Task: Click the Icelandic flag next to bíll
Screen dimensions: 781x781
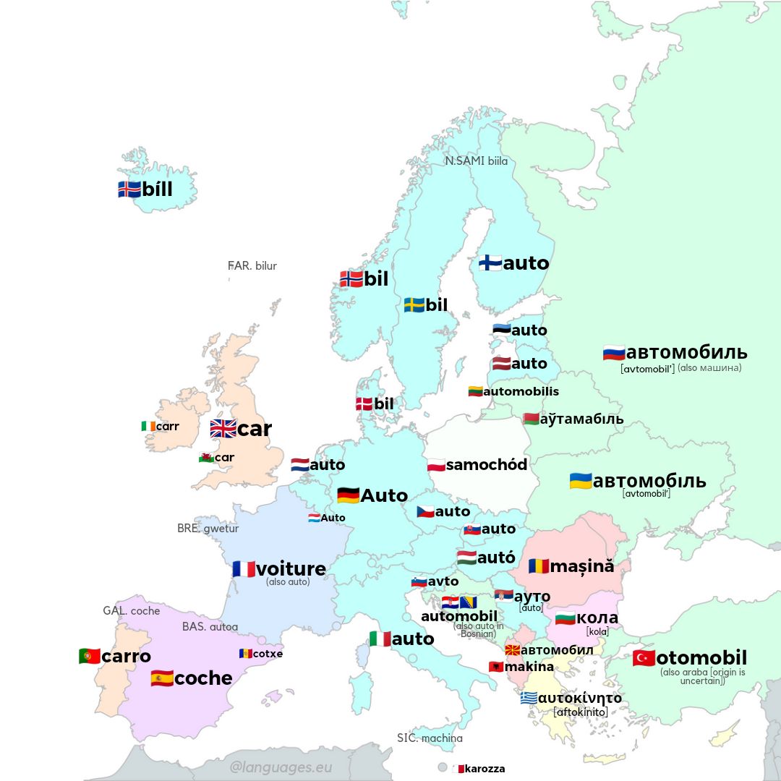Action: coord(129,189)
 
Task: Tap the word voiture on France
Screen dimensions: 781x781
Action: coord(291,569)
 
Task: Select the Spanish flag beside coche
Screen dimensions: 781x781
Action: coord(162,678)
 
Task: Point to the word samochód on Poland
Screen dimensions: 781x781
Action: coord(487,464)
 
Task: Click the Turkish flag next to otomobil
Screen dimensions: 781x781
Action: coord(644,658)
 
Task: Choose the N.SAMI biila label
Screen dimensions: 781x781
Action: coord(477,161)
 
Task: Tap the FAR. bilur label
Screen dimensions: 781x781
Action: coord(252,265)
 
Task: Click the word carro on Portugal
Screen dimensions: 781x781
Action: coord(126,656)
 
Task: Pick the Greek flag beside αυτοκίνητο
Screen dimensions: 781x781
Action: coord(529,698)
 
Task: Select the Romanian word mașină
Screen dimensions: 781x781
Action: coord(581,566)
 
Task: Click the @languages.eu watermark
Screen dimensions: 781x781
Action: coord(281,767)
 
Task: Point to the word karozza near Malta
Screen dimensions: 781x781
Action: coord(485,769)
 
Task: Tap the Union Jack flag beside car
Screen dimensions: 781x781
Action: coord(223,429)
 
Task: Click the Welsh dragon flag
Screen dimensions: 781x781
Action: coord(206,457)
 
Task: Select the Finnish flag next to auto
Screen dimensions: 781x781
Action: coord(490,263)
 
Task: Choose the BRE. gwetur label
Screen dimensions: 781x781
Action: coord(208,528)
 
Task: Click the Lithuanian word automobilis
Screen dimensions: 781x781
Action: coord(521,391)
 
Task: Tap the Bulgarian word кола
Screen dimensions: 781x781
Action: coord(597,618)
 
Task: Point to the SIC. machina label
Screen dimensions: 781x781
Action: coord(430,738)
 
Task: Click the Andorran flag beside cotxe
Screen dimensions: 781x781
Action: coord(246,653)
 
